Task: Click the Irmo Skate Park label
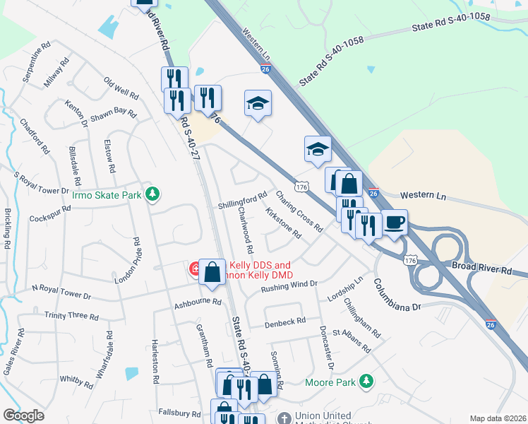pyautogui.click(x=107, y=194)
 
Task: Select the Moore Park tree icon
pyautogui.click(x=366, y=382)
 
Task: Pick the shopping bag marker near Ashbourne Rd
pyautogui.click(x=212, y=273)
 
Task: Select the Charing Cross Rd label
pyautogui.click(x=299, y=211)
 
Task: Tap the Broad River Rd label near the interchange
pyautogui.click(x=481, y=269)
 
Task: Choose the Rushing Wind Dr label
pyautogui.click(x=289, y=285)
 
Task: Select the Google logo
pyautogui.click(x=23, y=415)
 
